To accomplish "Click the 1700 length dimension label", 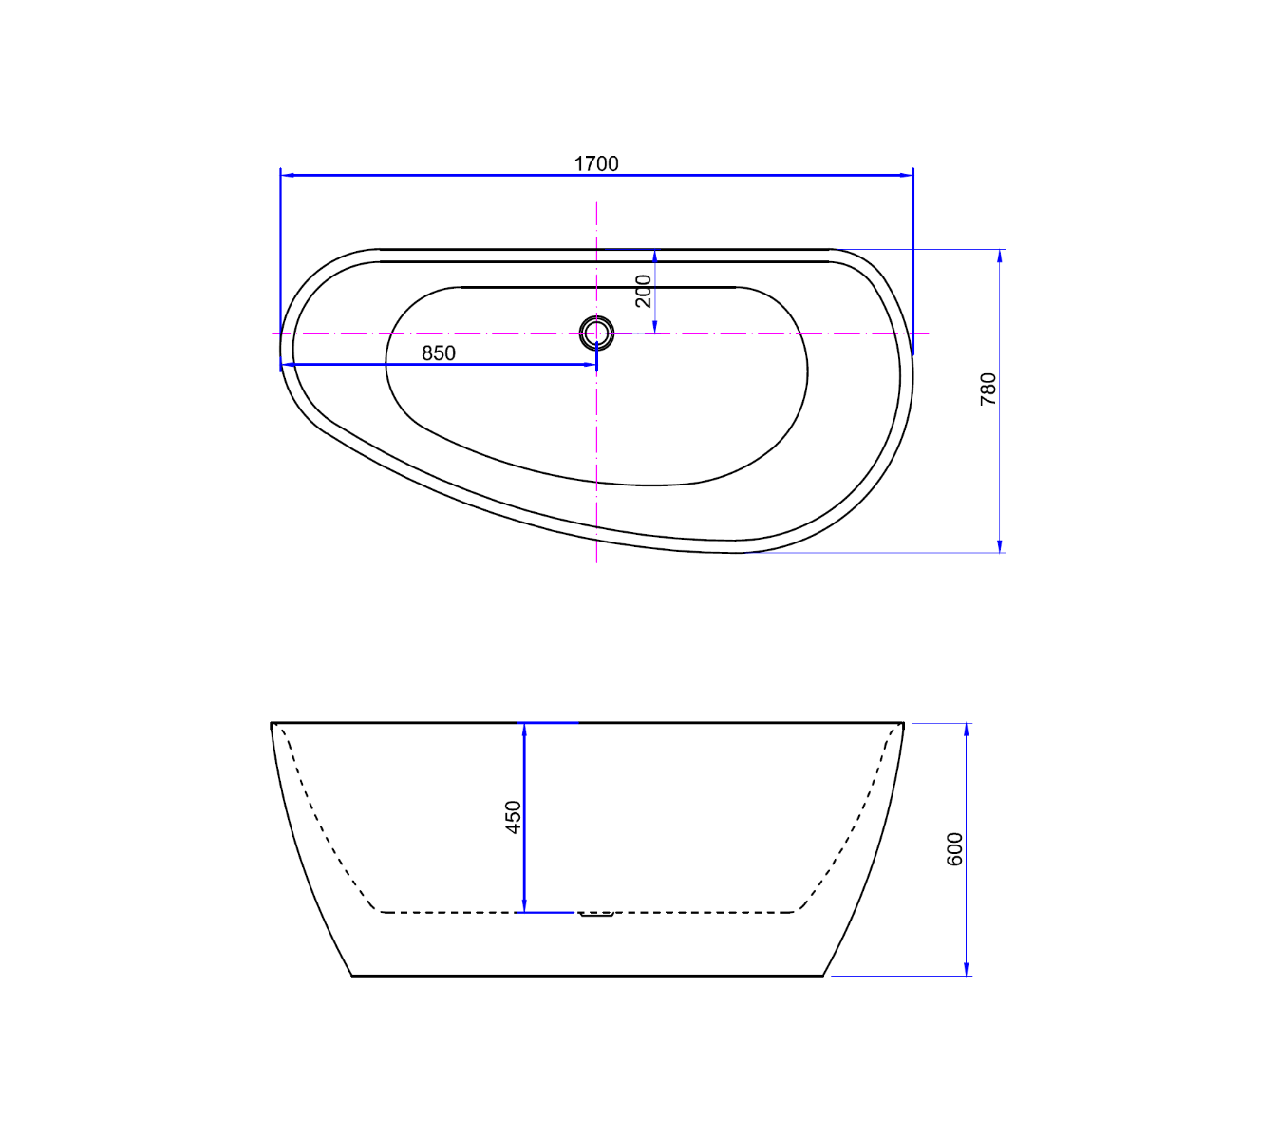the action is (x=595, y=163).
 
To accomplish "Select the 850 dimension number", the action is (x=438, y=353).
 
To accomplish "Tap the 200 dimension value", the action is (x=643, y=291).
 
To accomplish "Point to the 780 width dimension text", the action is (x=987, y=389).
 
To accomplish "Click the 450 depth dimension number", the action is (x=514, y=817).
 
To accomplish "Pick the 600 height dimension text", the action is (x=954, y=849).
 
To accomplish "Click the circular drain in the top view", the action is (x=596, y=332).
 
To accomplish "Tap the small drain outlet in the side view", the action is (x=596, y=914).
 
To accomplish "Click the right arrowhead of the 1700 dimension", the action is (x=906, y=175).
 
